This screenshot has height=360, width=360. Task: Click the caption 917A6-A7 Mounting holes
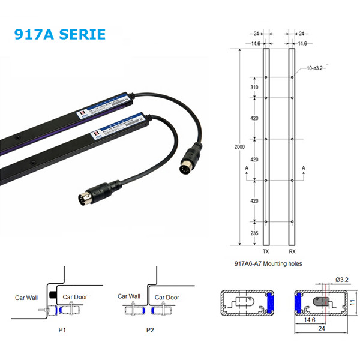pos(268,264)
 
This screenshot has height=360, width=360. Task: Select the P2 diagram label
pos(150,329)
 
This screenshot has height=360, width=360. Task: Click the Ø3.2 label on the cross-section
pos(343,279)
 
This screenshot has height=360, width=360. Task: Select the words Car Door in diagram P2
pos(167,297)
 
